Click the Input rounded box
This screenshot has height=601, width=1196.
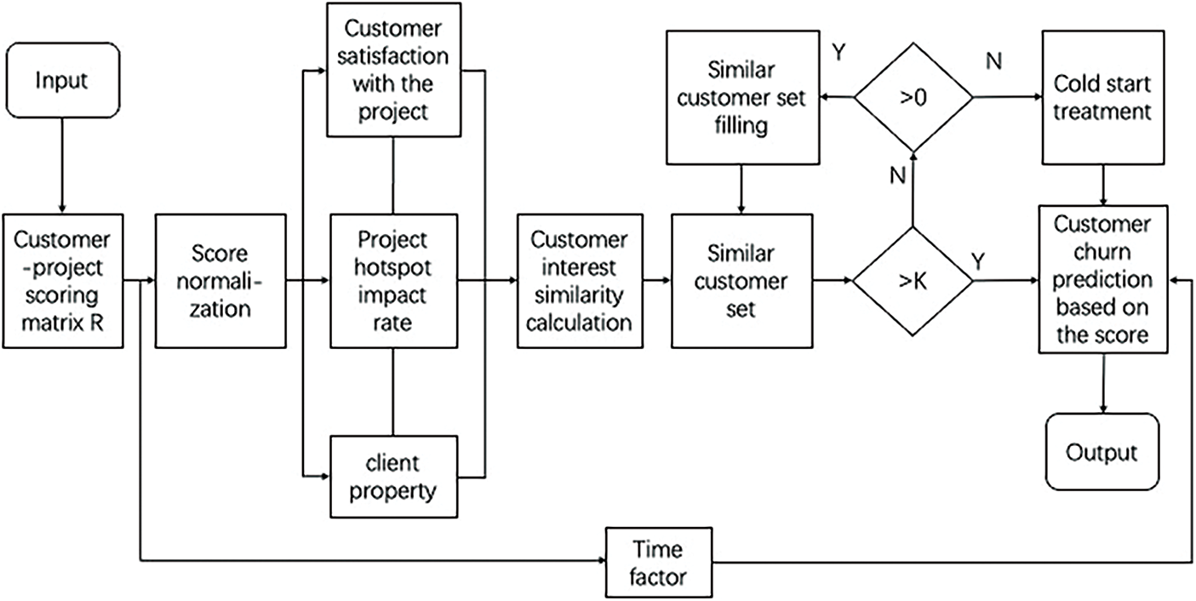[62, 81]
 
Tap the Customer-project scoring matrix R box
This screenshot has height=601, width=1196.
[62, 281]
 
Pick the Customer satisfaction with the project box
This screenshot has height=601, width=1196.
[393, 70]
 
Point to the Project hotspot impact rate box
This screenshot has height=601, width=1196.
[393, 281]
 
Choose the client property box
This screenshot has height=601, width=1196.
[393, 477]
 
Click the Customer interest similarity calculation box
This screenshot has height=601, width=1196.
[578, 281]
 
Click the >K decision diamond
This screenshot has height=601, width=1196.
[913, 280]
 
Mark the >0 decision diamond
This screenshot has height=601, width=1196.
[913, 98]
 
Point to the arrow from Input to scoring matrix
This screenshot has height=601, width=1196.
[62, 167]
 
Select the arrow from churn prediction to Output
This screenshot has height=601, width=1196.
[1104, 383]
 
